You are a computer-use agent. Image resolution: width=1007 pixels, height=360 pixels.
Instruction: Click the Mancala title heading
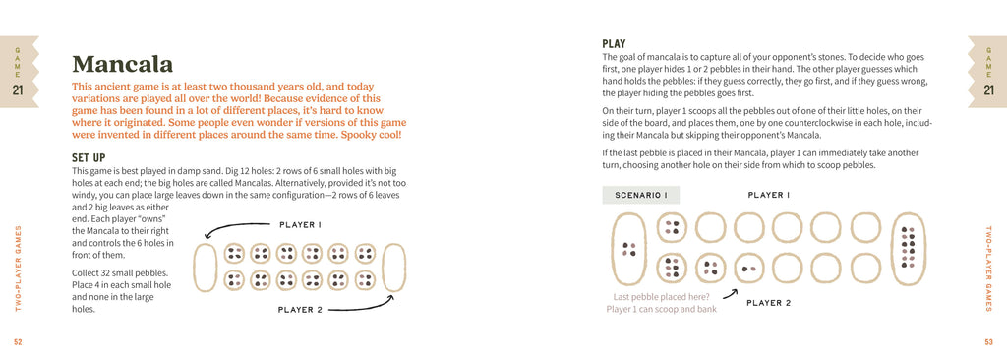tap(122, 64)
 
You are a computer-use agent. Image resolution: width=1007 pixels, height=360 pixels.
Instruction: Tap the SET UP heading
tap(89, 157)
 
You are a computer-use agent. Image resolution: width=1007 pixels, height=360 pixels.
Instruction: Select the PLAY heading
tap(614, 44)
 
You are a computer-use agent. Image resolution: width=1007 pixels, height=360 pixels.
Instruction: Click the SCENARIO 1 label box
tap(640, 195)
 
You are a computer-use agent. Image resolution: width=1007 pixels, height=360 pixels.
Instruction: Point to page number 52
tap(18, 341)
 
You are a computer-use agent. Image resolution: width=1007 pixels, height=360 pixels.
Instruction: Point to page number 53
tap(988, 341)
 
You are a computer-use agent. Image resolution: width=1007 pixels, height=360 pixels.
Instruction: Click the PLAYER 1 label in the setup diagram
tap(301, 225)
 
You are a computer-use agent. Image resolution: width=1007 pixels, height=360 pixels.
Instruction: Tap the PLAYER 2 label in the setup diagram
tap(300, 310)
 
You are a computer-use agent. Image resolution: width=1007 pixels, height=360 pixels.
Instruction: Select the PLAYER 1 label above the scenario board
tap(769, 195)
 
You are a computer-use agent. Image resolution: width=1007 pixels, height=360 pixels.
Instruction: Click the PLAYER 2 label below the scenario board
tap(768, 303)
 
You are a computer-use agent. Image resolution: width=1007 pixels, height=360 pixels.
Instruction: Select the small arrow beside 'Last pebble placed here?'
tap(731, 294)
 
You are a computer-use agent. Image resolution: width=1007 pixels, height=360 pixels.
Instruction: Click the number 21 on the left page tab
tap(18, 90)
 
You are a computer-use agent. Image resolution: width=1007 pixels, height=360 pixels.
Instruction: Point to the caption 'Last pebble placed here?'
tap(662, 296)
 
